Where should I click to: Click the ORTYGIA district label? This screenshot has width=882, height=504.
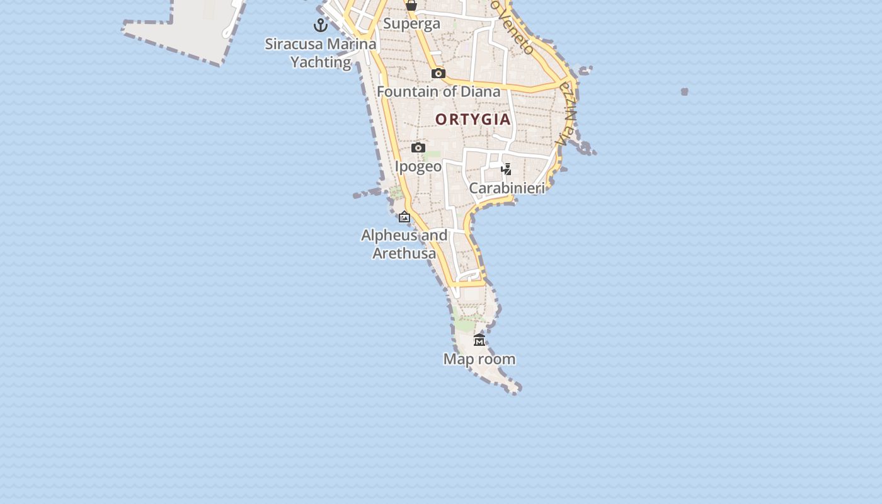(472, 119)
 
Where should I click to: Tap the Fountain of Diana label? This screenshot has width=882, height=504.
(438, 91)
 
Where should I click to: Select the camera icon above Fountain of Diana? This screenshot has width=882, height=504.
(438, 74)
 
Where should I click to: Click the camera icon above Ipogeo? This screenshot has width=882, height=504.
(418, 148)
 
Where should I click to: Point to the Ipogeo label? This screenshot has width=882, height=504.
(418, 166)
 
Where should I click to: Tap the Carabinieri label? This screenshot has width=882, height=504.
(507, 188)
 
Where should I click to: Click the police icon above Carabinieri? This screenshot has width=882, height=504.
(506, 169)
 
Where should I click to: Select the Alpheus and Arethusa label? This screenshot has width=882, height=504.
(404, 244)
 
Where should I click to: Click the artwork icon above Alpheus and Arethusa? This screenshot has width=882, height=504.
(404, 217)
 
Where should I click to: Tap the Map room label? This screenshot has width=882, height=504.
(479, 359)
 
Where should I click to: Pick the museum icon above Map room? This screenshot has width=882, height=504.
(479, 340)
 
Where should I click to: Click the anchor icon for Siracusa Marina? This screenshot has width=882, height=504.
(321, 25)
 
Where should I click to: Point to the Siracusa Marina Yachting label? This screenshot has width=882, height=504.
(321, 53)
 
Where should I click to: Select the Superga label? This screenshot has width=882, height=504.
(411, 24)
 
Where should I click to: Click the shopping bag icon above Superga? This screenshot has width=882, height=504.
(411, 6)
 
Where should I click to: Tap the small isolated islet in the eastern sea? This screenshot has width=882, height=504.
(685, 91)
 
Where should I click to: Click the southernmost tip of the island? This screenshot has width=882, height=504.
(515, 391)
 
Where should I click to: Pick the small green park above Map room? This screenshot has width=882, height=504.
(466, 324)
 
